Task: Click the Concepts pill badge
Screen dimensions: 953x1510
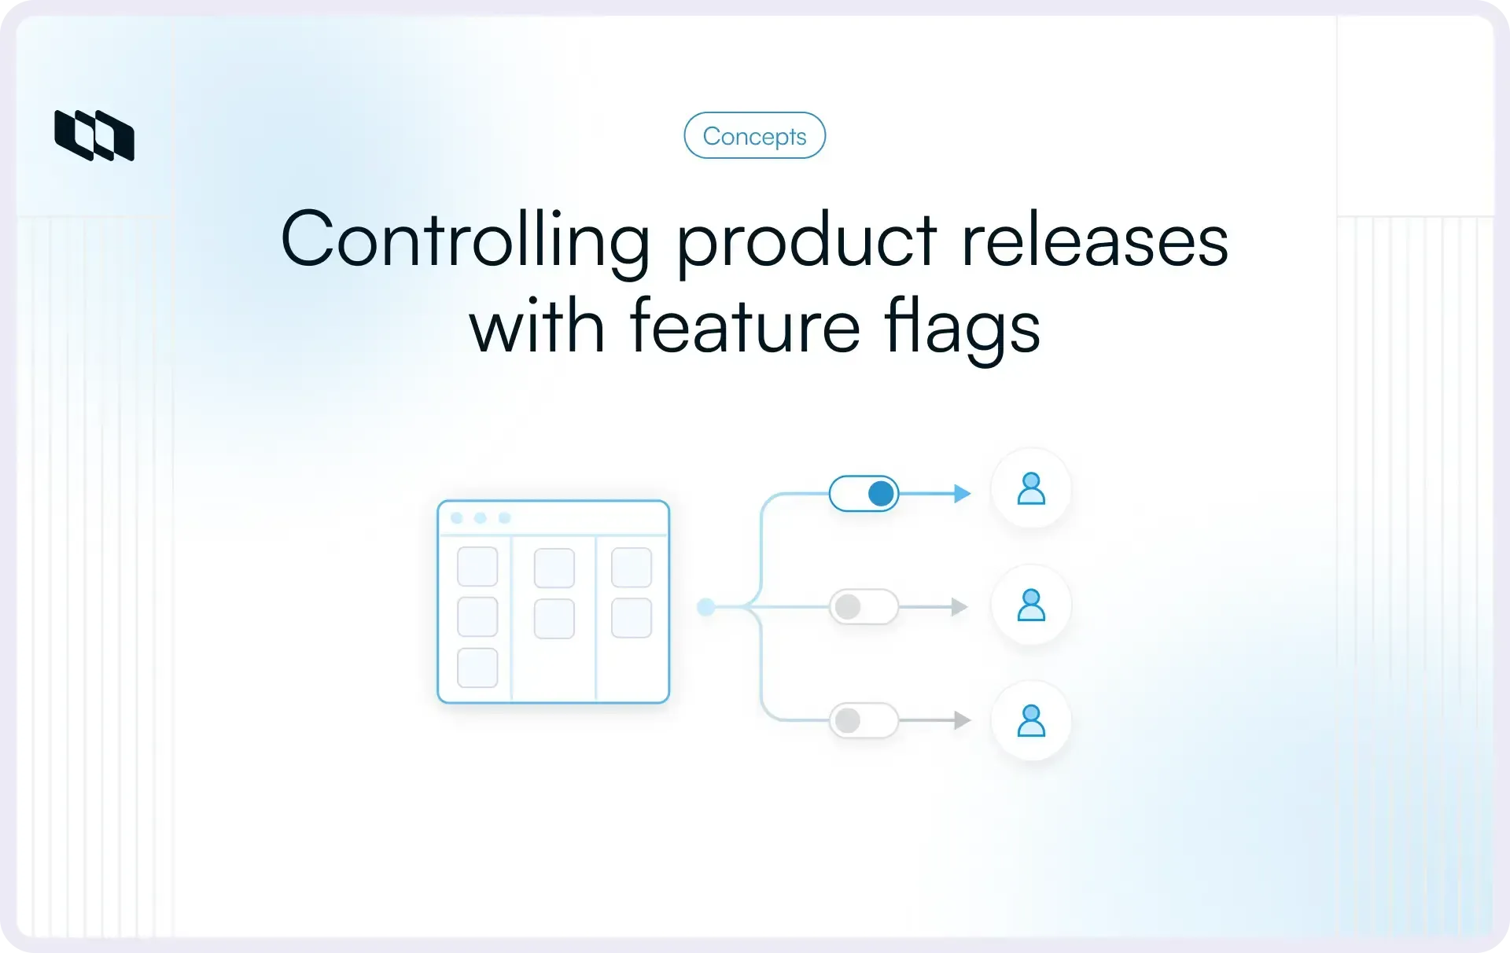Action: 754,136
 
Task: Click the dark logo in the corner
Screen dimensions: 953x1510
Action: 94,135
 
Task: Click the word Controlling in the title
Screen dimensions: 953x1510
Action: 465,240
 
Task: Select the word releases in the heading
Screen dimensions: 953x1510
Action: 1094,240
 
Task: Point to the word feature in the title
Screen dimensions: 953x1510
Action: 745,326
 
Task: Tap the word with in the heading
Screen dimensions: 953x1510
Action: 536,326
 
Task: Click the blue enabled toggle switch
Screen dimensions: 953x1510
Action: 864,494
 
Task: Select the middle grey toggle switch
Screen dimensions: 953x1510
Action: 864,607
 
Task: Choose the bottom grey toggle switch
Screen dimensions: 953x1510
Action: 864,720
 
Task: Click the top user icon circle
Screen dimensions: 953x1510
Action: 1031,488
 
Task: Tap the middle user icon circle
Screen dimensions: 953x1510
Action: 1031,605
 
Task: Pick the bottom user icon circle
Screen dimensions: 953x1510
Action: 1031,720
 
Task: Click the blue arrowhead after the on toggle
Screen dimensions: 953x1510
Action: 962,494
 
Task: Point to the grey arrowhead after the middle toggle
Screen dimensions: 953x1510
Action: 959,607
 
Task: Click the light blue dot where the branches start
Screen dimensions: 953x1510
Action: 706,607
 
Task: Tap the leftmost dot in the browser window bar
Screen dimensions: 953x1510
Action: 456,518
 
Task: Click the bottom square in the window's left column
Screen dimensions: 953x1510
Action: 477,668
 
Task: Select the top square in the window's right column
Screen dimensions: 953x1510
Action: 631,568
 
